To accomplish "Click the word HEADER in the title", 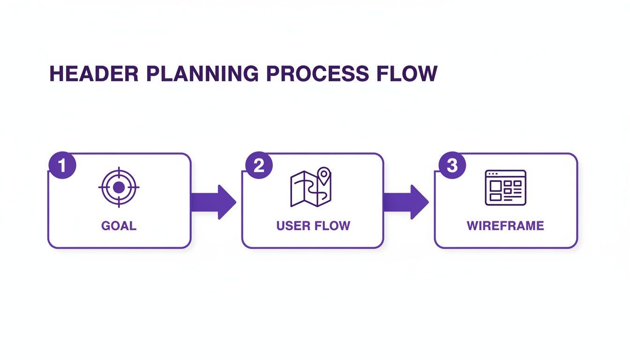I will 94,74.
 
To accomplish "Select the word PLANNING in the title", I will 201,74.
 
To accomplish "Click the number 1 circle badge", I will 62,165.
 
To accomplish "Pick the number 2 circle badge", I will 259,165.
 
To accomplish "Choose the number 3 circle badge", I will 452,165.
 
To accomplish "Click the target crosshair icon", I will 119,187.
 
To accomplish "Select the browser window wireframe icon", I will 505,187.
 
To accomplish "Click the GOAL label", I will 119,225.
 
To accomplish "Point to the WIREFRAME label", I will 505,225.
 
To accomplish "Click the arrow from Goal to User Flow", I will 213,202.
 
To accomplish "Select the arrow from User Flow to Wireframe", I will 406,202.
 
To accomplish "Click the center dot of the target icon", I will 119,187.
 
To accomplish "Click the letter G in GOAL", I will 106,225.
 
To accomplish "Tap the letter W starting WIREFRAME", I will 473,225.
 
